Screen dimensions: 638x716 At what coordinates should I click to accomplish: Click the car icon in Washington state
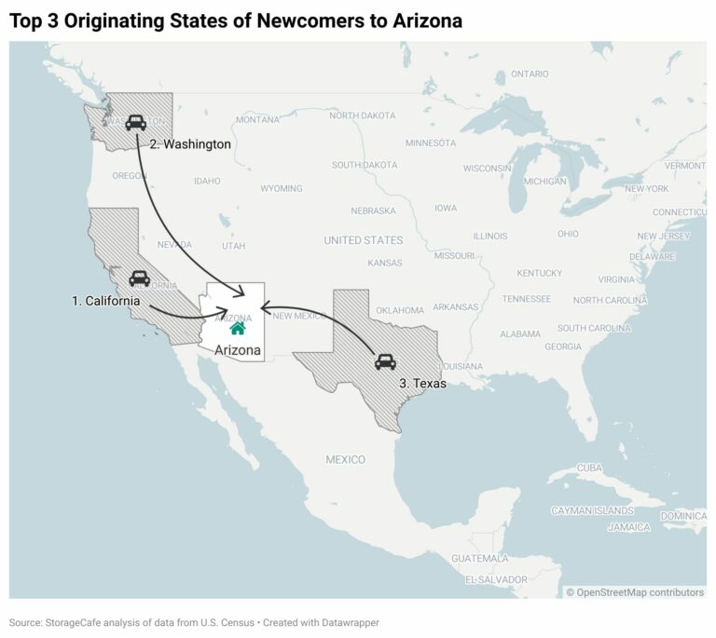[x=135, y=122]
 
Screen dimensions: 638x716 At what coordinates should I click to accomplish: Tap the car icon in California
[x=139, y=278]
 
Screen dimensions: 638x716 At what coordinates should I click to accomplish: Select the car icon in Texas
[x=385, y=361]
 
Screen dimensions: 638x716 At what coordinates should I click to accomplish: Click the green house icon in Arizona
[x=238, y=328]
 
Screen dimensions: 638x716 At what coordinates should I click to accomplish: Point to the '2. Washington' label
[x=190, y=144]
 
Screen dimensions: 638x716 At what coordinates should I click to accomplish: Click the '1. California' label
[x=106, y=301]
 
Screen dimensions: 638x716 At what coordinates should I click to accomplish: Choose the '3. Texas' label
[x=422, y=383]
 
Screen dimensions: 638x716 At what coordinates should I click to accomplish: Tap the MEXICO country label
[x=345, y=460]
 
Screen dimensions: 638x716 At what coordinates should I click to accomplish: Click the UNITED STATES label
[x=364, y=240]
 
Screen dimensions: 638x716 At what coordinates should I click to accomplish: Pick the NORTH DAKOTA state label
[x=363, y=115]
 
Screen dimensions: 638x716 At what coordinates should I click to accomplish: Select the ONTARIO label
[x=530, y=74]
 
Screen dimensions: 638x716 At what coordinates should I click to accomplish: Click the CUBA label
[x=589, y=467]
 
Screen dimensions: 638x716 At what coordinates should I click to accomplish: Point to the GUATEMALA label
[x=479, y=558]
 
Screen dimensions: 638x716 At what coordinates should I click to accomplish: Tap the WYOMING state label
[x=281, y=188]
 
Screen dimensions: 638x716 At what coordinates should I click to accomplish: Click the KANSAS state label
[x=385, y=263]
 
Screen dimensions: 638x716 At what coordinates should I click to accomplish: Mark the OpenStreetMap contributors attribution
[x=634, y=591]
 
